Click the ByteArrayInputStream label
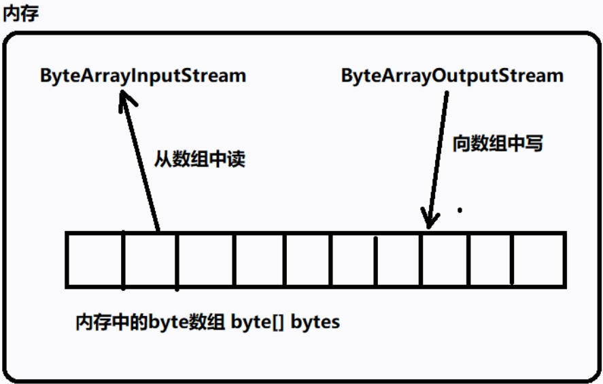[x=143, y=75]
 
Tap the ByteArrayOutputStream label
[x=452, y=75]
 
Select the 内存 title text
[x=20, y=14]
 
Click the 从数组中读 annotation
[x=199, y=160]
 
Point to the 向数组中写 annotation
[x=498, y=144]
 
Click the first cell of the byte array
[x=94, y=260]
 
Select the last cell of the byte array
[x=539, y=260]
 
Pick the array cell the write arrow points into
[x=445, y=260]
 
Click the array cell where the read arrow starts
[x=150, y=260]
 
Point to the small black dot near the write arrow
[x=460, y=210]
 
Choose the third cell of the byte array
[x=205, y=260]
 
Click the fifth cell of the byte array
[x=308, y=260]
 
